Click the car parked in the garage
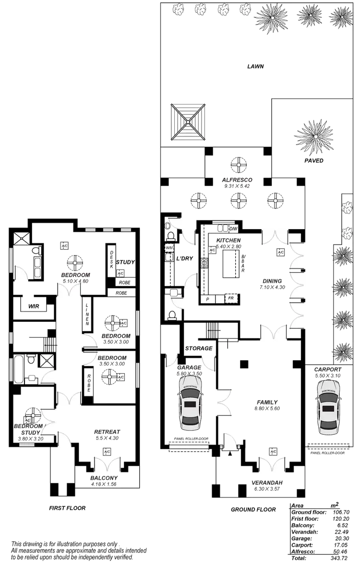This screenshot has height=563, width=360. click(x=191, y=402)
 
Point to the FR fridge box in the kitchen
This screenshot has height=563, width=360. click(x=231, y=298)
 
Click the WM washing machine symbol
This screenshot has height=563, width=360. click(x=168, y=247)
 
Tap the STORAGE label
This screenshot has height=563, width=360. click(x=198, y=348)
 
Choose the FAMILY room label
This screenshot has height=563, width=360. click(x=267, y=402)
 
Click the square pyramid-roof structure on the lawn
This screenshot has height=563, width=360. click(x=189, y=122)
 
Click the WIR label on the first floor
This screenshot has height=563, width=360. click(x=33, y=306)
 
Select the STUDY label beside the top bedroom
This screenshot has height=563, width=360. click(x=125, y=262)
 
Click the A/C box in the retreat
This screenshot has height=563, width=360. click(x=106, y=451)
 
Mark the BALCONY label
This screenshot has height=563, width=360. click(x=104, y=478)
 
